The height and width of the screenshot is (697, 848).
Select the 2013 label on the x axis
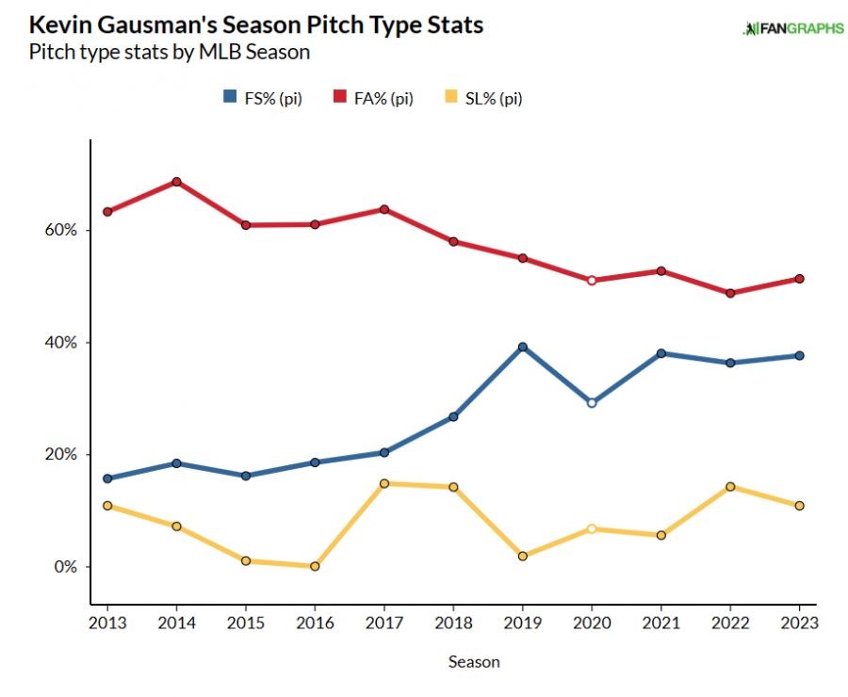(106, 624)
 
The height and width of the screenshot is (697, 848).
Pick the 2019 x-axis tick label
(522, 624)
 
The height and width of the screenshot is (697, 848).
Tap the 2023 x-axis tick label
(799, 624)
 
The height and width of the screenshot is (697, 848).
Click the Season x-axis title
(473, 662)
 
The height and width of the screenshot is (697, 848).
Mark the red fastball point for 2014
(176, 182)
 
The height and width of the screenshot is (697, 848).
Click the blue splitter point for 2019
(522, 347)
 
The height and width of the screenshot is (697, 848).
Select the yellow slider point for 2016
(315, 566)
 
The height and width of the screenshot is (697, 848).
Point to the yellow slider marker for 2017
(383, 483)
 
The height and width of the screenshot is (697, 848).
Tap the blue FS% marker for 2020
(592, 402)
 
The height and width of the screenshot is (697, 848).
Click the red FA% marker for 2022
(730, 293)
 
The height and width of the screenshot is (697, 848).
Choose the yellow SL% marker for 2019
(522, 556)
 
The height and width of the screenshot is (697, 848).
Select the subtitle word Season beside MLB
(276, 52)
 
